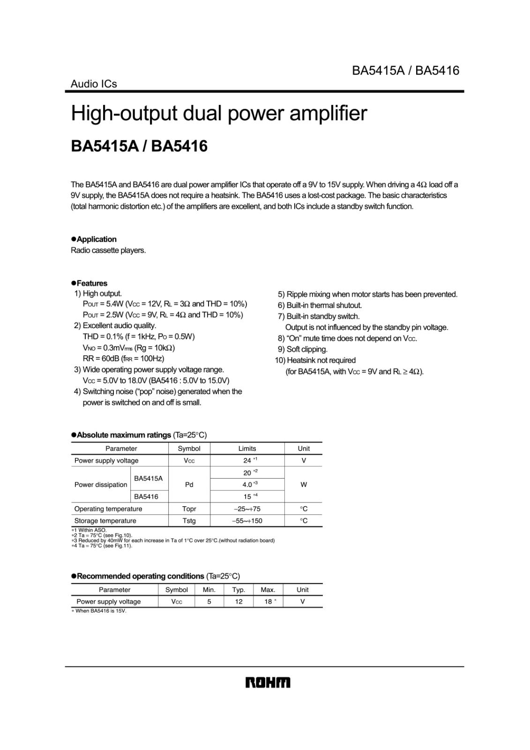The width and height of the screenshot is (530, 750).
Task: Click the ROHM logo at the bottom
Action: pos(268,682)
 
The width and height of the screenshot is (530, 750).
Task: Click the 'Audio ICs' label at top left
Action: pos(94,84)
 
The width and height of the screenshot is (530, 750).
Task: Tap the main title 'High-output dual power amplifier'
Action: pos(219,113)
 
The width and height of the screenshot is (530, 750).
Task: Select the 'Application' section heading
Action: pos(97,239)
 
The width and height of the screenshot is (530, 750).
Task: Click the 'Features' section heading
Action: pos(92,283)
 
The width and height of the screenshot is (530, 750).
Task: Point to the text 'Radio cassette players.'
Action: pos(108,250)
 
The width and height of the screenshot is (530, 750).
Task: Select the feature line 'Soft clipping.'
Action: pos(307,349)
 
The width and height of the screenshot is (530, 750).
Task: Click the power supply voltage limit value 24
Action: pos(247,460)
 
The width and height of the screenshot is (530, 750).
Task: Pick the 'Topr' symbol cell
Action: pos(189,509)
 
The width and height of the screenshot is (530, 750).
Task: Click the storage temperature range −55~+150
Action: pos(247,521)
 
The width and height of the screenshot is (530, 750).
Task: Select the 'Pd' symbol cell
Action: pos(189,484)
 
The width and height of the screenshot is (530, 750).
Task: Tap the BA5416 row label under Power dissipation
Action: pos(146,496)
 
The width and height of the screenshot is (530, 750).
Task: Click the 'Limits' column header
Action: pos(247,449)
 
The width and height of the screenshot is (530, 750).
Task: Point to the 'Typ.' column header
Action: pos(239,590)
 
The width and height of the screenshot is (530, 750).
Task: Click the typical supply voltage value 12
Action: pos(239,601)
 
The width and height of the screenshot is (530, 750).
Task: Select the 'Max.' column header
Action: pos(268,590)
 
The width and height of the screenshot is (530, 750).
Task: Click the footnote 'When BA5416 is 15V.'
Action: pos(101,611)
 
